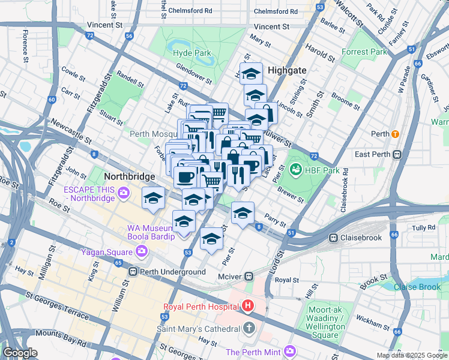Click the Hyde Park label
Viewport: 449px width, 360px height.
click(x=191, y=53)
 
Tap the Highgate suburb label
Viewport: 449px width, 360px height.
click(x=287, y=70)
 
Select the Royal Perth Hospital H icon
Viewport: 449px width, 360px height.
click(x=247, y=306)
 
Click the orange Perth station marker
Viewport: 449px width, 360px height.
click(x=395, y=133)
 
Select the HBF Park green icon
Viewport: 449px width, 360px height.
click(x=295, y=170)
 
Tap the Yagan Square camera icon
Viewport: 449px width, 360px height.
click(x=142, y=252)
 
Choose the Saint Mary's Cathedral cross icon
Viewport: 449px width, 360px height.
click(x=250, y=328)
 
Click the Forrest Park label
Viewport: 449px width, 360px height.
click(x=364, y=52)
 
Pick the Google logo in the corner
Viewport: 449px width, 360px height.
click(x=20, y=352)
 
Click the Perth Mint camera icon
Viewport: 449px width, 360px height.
click(x=290, y=350)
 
